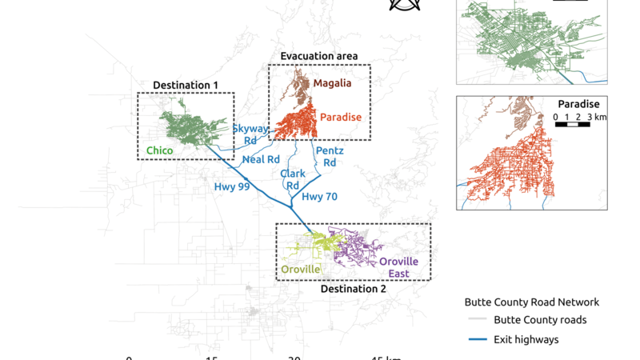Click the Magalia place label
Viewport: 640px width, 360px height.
tap(332, 82)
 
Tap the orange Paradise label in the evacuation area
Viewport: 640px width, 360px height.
tap(341, 118)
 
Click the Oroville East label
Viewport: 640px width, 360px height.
tap(398, 268)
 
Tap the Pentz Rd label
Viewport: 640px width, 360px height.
tap(330, 156)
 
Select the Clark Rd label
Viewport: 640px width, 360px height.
tap(293, 180)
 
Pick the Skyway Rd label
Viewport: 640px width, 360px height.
tap(250, 134)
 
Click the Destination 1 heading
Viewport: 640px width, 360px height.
tap(186, 85)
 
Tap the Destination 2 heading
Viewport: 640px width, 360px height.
tap(353, 289)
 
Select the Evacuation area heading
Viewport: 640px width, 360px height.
tap(318, 56)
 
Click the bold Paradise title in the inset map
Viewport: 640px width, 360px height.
tap(578, 104)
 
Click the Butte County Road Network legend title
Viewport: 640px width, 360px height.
tap(531, 302)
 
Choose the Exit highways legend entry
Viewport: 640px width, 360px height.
tap(526, 339)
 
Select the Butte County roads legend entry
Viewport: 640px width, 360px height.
tap(540, 320)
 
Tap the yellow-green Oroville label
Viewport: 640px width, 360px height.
tap(301, 270)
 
